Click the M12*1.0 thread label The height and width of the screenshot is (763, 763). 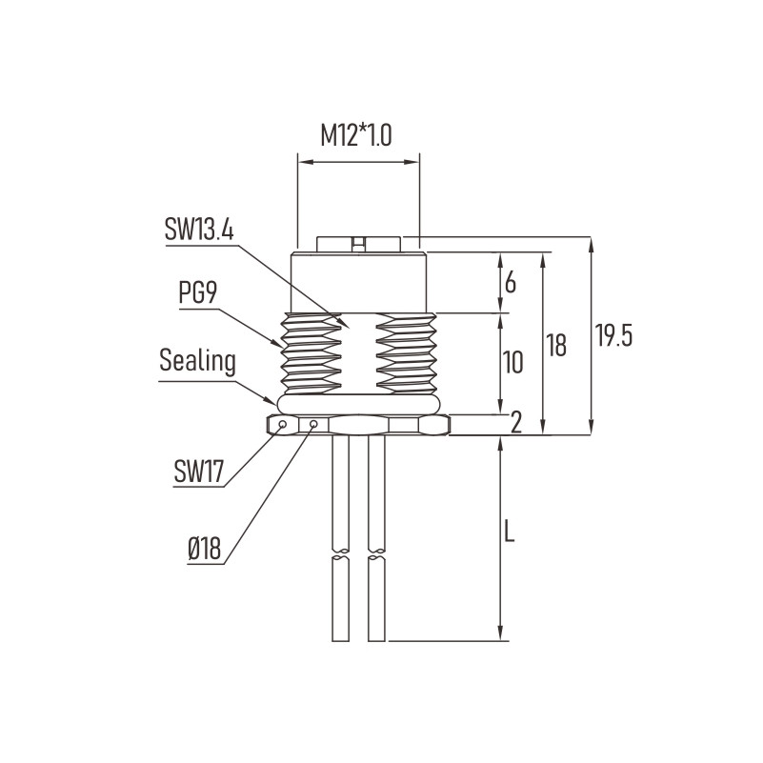tap(355, 135)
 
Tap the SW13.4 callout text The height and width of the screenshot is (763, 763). tap(199, 229)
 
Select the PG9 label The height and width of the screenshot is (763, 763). tap(197, 292)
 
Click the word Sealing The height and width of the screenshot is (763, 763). tap(197, 362)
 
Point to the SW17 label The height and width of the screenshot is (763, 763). tap(198, 471)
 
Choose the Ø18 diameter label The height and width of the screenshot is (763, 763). tap(205, 549)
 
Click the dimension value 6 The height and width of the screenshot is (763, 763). tap(510, 282)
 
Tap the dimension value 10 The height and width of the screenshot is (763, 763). tap(512, 362)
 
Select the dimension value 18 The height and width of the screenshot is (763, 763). tap(555, 345)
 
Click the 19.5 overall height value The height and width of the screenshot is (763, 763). tap(613, 335)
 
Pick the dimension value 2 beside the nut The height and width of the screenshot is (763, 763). tap(515, 422)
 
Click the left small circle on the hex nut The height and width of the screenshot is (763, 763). tap(282, 425)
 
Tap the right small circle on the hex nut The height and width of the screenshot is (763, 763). tap(313, 425)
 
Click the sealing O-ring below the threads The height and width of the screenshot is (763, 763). tap(358, 405)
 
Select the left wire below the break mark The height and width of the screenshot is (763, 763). tap(341, 599)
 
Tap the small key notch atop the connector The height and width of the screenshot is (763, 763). tap(358, 244)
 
